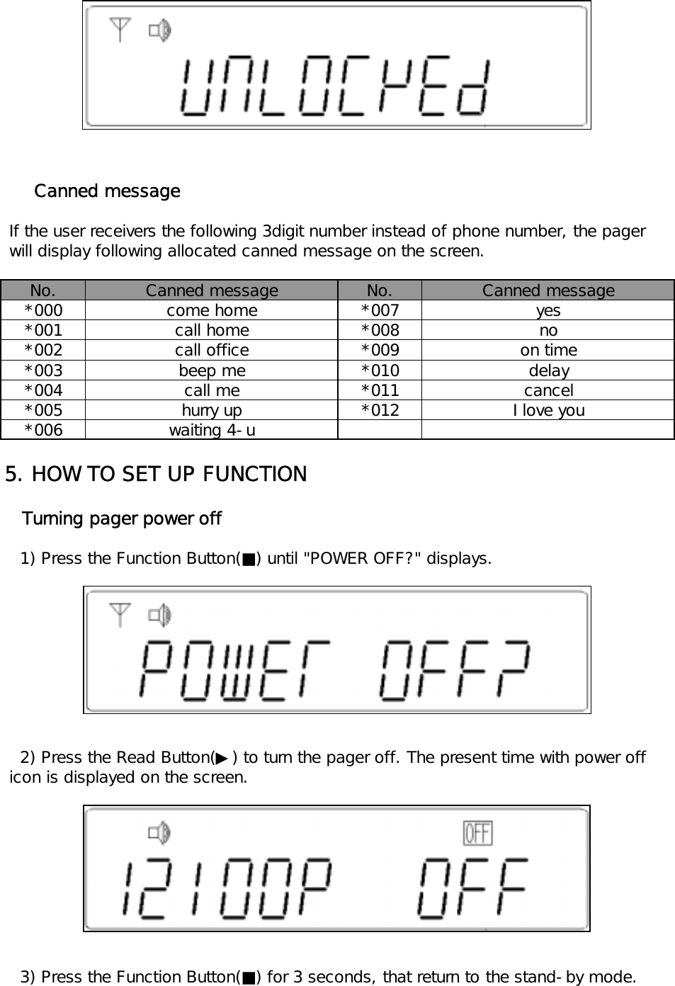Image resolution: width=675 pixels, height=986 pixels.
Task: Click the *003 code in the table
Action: click(x=43, y=370)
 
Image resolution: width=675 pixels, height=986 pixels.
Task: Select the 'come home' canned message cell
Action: click(x=212, y=310)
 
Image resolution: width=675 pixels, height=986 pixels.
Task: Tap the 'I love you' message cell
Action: click(x=548, y=410)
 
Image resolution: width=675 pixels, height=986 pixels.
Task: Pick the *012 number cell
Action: click(x=380, y=410)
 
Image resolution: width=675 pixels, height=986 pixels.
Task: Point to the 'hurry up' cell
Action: click(x=212, y=410)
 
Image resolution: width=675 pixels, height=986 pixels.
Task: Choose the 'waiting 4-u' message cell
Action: click(x=212, y=430)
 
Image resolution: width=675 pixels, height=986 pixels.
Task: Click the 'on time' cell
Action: click(x=548, y=350)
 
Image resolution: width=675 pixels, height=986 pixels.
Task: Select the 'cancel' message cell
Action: click(x=548, y=390)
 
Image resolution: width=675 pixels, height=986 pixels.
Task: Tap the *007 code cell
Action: click(x=380, y=310)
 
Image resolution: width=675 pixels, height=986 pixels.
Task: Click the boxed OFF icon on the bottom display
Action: click(x=477, y=833)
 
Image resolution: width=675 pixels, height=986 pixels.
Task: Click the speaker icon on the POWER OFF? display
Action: click(x=160, y=616)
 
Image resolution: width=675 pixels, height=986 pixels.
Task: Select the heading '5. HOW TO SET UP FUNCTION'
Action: click(x=156, y=474)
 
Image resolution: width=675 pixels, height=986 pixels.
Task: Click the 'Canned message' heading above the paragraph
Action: click(x=107, y=191)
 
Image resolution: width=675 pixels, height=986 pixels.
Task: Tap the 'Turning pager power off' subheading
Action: click(x=122, y=518)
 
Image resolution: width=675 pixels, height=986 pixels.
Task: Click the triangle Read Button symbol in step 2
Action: click(x=222, y=759)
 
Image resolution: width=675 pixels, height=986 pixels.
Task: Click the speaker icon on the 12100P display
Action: click(x=160, y=833)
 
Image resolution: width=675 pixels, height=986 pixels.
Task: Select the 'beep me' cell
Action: click(x=212, y=370)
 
